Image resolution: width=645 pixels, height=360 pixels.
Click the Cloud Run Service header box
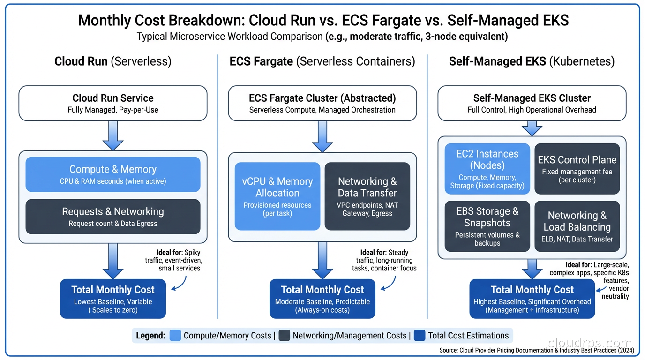112,103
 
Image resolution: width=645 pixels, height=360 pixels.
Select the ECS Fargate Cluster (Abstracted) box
322,103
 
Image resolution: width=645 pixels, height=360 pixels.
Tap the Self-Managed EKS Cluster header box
532,103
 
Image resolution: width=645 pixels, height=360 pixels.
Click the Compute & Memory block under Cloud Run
112,174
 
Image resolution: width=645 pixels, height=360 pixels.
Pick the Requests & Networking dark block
112,217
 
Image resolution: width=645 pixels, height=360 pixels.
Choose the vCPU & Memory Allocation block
277,196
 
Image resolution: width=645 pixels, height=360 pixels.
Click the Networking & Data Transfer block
367,196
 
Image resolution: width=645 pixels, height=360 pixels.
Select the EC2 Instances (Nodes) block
487,169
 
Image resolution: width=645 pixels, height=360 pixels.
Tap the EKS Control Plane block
577,169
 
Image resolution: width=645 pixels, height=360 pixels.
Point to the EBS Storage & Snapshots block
487,226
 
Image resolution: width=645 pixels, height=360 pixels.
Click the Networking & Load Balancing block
577,226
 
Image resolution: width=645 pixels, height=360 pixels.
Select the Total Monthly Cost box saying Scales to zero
112,299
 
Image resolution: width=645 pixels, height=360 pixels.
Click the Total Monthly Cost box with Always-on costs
322,299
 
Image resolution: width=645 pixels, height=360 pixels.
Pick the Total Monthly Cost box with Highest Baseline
532,299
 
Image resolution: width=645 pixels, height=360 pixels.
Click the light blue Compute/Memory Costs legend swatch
175,336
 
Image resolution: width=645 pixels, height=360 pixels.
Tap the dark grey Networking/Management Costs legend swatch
284,336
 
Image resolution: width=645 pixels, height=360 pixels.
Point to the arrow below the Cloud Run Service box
112,135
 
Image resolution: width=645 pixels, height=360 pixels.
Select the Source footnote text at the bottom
537,351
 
